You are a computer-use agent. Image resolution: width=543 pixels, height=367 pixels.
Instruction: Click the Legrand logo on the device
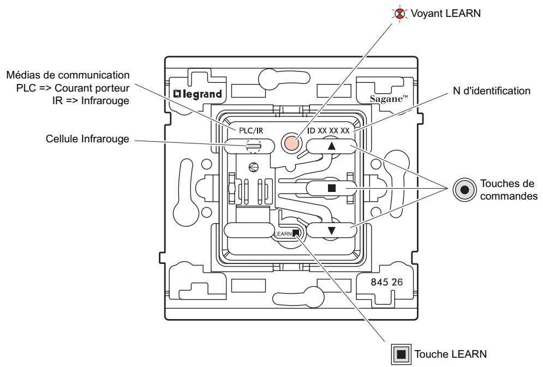pyautogui.click(x=198, y=94)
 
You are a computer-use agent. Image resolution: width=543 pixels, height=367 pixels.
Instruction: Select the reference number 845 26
pyautogui.click(x=387, y=282)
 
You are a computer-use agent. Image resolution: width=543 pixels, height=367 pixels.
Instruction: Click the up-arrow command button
pyautogui.click(x=332, y=146)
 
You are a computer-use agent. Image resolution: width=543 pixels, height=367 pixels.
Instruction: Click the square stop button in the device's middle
pyautogui.click(x=332, y=188)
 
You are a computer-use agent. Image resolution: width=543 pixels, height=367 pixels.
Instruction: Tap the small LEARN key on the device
pyautogui.click(x=295, y=233)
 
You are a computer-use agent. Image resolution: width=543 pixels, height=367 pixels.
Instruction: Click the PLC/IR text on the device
pyautogui.click(x=251, y=131)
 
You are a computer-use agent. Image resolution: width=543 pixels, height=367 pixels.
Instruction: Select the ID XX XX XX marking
pyautogui.click(x=329, y=131)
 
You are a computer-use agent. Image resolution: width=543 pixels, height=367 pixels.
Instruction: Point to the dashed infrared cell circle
pyautogui.click(x=253, y=146)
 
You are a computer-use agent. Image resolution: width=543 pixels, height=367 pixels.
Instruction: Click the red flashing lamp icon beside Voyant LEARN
pyautogui.click(x=399, y=14)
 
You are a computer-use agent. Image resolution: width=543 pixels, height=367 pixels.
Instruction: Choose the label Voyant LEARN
pyautogui.click(x=446, y=14)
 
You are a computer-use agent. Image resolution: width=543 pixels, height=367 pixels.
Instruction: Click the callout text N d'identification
pyautogui.click(x=492, y=91)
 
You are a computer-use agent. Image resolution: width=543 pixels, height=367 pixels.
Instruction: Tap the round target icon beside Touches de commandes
pyautogui.click(x=465, y=190)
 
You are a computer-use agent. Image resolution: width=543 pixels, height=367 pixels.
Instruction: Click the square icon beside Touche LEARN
pyautogui.click(x=401, y=354)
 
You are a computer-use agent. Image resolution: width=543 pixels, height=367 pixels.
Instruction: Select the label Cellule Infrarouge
pyautogui.click(x=87, y=139)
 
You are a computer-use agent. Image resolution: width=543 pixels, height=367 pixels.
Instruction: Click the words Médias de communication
pyautogui.click(x=68, y=75)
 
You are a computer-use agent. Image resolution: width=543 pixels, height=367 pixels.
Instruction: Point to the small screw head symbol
pyautogui.click(x=254, y=167)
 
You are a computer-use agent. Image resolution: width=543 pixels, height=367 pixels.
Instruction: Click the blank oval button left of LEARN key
pyautogui.click(x=249, y=230)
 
